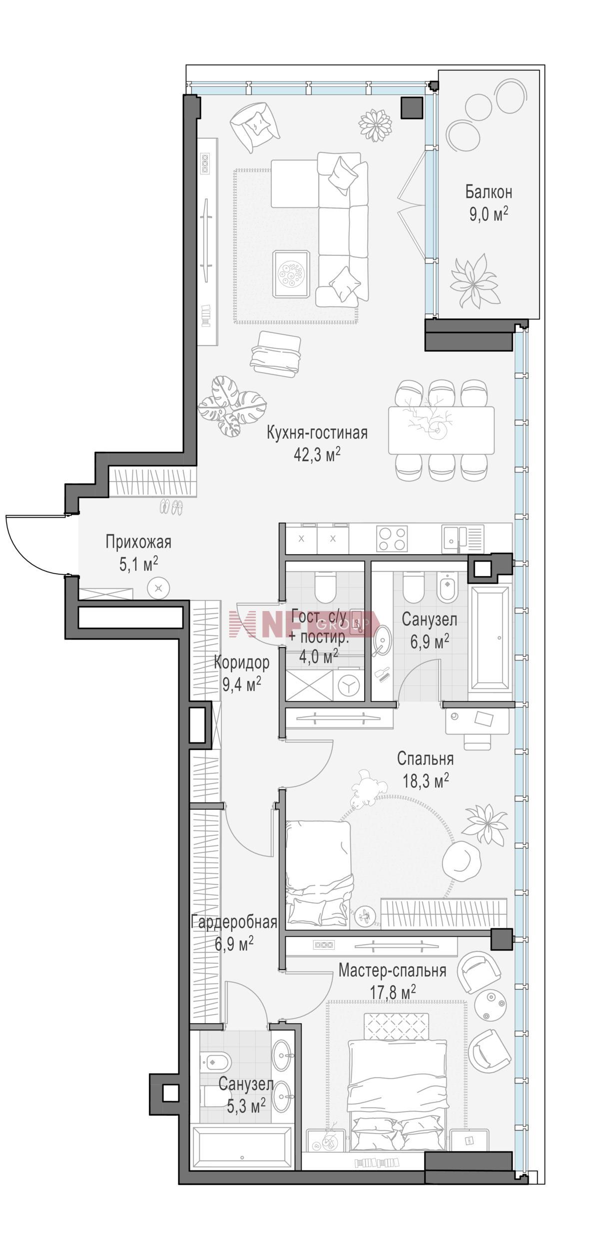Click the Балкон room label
coord(489,192)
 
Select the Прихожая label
coord(138,542)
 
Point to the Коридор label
coord(242,662)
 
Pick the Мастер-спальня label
coord(392,971)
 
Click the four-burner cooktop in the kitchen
coord(393,539)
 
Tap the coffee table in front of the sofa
coord(292,274)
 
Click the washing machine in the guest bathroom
coord(348,685)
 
